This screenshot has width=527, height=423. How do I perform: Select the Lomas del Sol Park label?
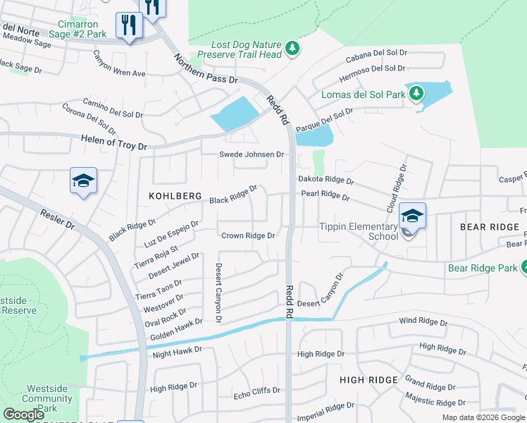click(364, 94)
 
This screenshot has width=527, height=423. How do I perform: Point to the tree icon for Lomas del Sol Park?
click(416, 93)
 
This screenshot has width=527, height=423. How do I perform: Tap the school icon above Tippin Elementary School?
click(412, 215)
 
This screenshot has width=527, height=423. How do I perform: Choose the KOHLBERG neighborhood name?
click(175, 195)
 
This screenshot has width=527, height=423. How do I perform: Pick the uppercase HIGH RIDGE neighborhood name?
click(368, 380)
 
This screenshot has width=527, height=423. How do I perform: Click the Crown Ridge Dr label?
click(247, 235)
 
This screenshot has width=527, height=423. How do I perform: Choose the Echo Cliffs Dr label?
click(256, 390)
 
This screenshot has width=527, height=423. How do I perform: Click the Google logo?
click(24, 415)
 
